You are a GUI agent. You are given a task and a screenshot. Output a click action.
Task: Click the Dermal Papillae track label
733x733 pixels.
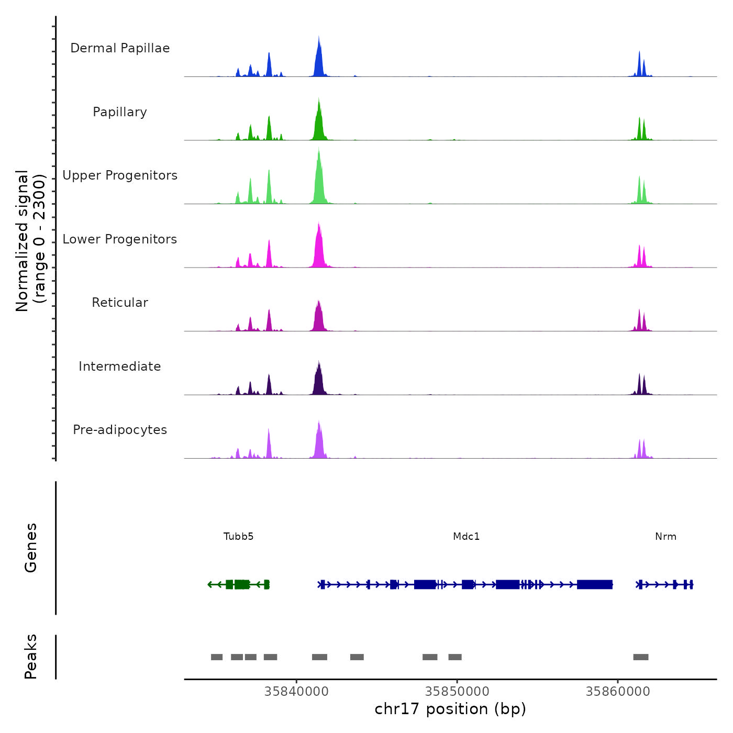pyautogui.click(x=120, y=48)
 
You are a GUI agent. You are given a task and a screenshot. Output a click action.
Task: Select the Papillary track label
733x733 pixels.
pyautogui.click(x=120, y=112)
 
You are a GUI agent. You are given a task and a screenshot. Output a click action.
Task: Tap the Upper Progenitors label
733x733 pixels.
pyautogui.click(x=120, y=175)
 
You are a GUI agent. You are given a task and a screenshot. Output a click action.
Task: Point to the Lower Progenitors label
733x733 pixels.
pyautogui.click(x=120, y=239)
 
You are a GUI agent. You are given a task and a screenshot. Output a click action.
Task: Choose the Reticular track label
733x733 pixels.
pyautogui.click(x=120, y=303)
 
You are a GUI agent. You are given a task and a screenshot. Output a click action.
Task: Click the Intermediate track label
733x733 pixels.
pyautogui.click(x=120, y=366)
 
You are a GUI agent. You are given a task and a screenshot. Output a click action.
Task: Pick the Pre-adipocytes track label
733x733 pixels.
pyautogui.click(x=120, y=430)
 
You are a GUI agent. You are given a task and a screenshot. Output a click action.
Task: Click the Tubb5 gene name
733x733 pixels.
pyautogui.click(x=238, y=536)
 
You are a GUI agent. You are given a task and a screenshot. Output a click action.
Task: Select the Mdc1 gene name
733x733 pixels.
pyautogui.click(x=466, y=536)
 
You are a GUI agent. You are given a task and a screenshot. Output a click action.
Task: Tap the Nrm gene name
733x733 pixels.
pyautogui.click(x=665, y=536)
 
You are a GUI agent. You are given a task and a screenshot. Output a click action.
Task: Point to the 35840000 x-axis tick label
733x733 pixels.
pyautogui.click(x=296, y=691)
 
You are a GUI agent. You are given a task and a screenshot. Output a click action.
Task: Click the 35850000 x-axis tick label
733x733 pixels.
pyautogui.click(x=457, y=691)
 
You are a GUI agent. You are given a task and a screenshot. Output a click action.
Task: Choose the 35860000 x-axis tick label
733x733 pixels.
pyautogui.click(x=618, y=691)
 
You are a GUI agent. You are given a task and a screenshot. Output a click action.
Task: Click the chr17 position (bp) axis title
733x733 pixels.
pyautogui.click(x=450, y=709)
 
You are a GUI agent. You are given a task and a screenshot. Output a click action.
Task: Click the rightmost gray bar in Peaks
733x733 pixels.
pyautogui.click(x=641, y=657)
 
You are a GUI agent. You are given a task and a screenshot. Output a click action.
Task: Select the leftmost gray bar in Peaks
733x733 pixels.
pyautogui.click(x=217, y=657)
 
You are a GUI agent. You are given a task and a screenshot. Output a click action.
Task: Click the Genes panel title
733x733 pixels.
pyautogui.click(x=31, y=548)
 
